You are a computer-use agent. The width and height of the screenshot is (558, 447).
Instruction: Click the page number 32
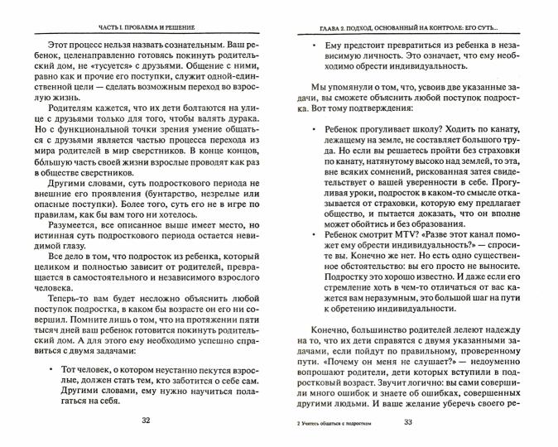pyautogui.click(x=146, y=422)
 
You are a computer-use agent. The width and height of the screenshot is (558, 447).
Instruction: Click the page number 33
pyautogui.click(x=407, y=422)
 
